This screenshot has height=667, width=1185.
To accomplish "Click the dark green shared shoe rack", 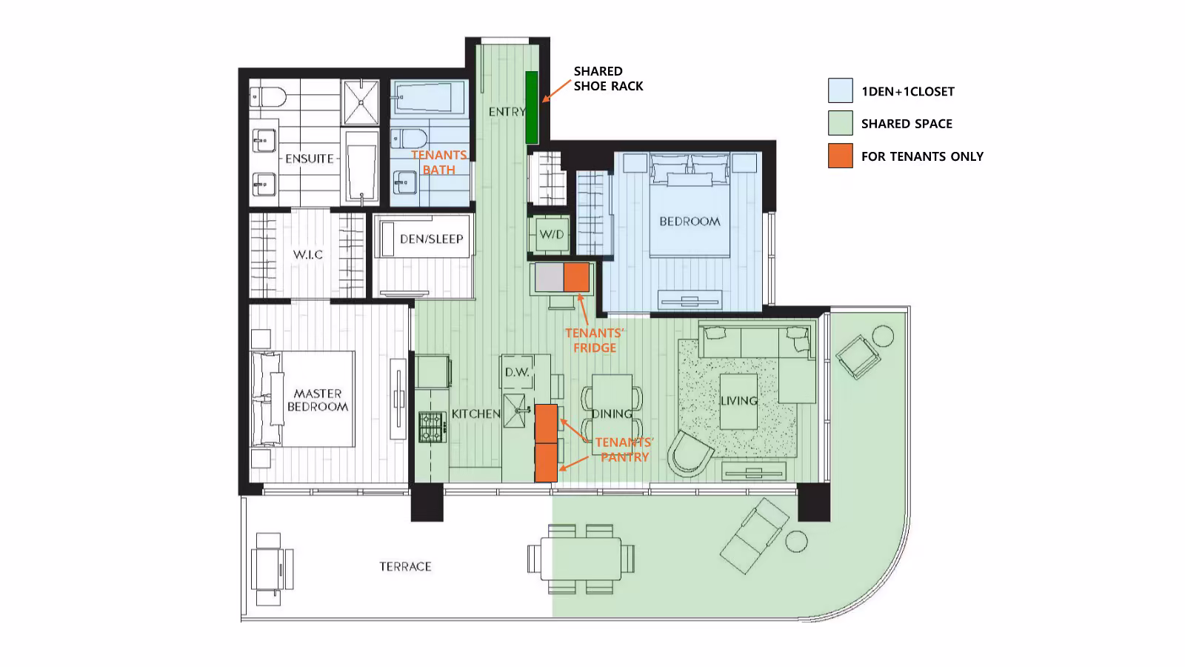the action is [x=532, y=107].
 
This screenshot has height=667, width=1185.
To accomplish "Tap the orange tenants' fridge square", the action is [x=576, y=277].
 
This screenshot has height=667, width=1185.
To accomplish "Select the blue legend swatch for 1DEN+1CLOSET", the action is [x=840, y=90].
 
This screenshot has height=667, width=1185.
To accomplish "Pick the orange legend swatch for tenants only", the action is [x=840, y=156].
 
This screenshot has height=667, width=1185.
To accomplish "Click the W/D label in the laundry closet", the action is [x=551, y=234].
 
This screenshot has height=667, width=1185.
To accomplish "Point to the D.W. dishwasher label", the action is [x=517, y=372].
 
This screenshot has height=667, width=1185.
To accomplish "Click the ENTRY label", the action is [x=507, y=112].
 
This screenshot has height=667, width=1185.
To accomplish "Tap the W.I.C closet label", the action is [x=308, y=255].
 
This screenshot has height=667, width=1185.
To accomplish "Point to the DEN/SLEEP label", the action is [x=431, y=239].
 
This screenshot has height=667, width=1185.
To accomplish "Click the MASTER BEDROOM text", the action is [x=318, y=400].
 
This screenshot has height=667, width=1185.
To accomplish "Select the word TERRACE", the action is [x=405, y=566].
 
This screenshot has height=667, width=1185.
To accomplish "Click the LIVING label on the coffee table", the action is [x=738, y=401].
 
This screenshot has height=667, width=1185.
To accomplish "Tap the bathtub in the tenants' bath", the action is [x=428, y=97].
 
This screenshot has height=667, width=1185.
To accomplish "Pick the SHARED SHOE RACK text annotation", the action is [x=608, y=79].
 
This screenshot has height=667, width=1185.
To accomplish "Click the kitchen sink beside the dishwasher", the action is [x=515, y=411].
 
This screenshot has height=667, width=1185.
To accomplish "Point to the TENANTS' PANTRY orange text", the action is [x=624, y=449].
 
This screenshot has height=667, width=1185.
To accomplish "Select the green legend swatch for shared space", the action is [x=840, y=123].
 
